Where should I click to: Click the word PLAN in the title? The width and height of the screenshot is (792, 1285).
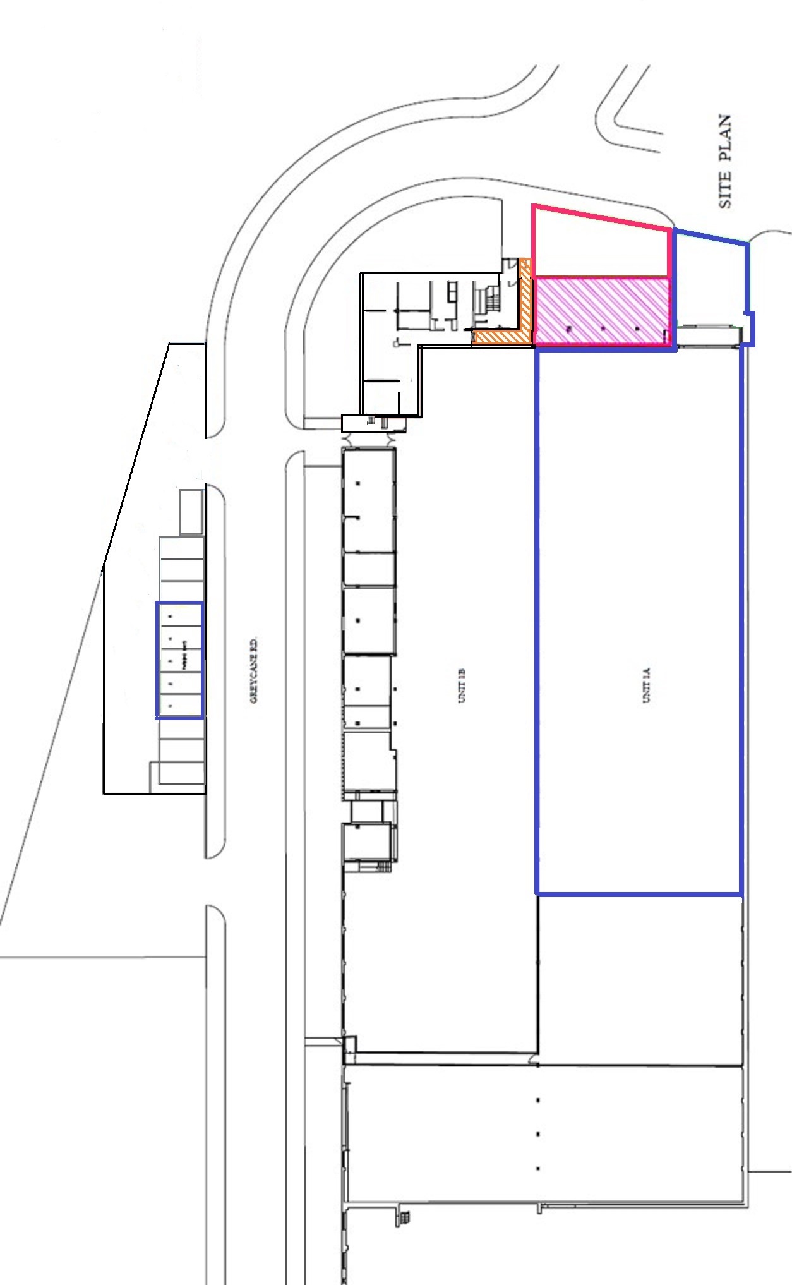pos(725,138)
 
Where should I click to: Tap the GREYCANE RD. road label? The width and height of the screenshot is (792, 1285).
pos(254,670)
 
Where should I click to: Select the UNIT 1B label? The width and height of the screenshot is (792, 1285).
pos(462,685)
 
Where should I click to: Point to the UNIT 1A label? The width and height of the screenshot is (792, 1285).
pos(647,685)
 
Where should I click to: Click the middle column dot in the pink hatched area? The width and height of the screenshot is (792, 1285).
pos(603,329)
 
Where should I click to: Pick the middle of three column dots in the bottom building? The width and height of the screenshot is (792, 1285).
pos(537,1134)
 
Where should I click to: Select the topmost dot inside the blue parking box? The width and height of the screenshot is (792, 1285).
pos(171,616)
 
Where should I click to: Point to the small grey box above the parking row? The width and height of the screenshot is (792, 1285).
pos(191,512)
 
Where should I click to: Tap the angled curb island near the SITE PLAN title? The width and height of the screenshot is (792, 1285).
pos(625,117)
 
